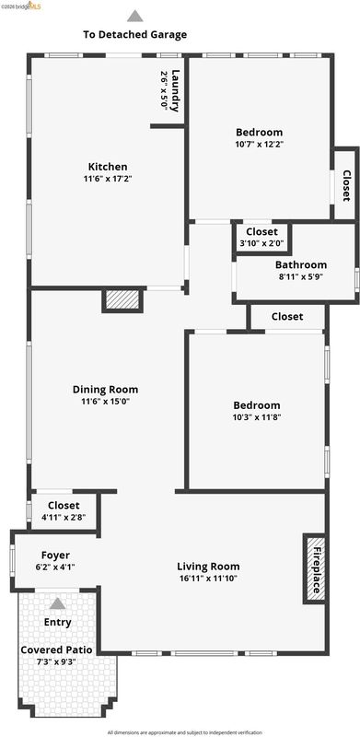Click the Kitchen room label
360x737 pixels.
(108, 167)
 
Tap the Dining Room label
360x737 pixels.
(105, 389)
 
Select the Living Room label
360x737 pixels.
(208, 567)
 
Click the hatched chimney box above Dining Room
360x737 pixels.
(122, 300)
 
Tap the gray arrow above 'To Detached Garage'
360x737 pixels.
(134, 16)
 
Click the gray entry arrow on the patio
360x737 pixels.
(57, 603)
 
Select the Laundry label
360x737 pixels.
(175, 90)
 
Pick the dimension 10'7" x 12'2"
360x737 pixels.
(260, 145)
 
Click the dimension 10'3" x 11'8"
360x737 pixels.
(257, 417)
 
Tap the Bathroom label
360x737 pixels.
(301, 264)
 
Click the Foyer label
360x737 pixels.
(55, 556)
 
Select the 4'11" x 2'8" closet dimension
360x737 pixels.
(64, 518)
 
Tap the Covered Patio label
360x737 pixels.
(56, 650)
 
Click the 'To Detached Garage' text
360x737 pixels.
(134, 34)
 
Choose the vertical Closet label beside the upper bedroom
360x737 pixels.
(346, 186)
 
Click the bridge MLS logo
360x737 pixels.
(20, 6)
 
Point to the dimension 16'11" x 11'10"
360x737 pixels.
(208, 579)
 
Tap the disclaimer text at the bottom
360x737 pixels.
(185, 732)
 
